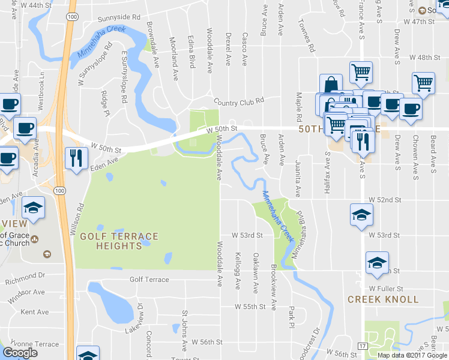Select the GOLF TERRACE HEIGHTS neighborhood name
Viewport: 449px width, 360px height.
click(118, 241)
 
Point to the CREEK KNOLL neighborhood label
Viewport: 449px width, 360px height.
click(374, 299)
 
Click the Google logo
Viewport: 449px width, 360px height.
click(20, 353)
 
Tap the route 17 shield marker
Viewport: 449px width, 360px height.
click(362, 346)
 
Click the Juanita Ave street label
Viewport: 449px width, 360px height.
click(297, 178)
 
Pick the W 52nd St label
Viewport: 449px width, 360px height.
click(384, 199)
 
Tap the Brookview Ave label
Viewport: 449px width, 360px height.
click(273, 287)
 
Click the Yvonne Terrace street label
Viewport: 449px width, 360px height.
click(30, 344)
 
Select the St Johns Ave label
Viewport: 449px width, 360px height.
click(184, 331)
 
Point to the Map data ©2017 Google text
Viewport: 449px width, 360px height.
click(412, 355)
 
